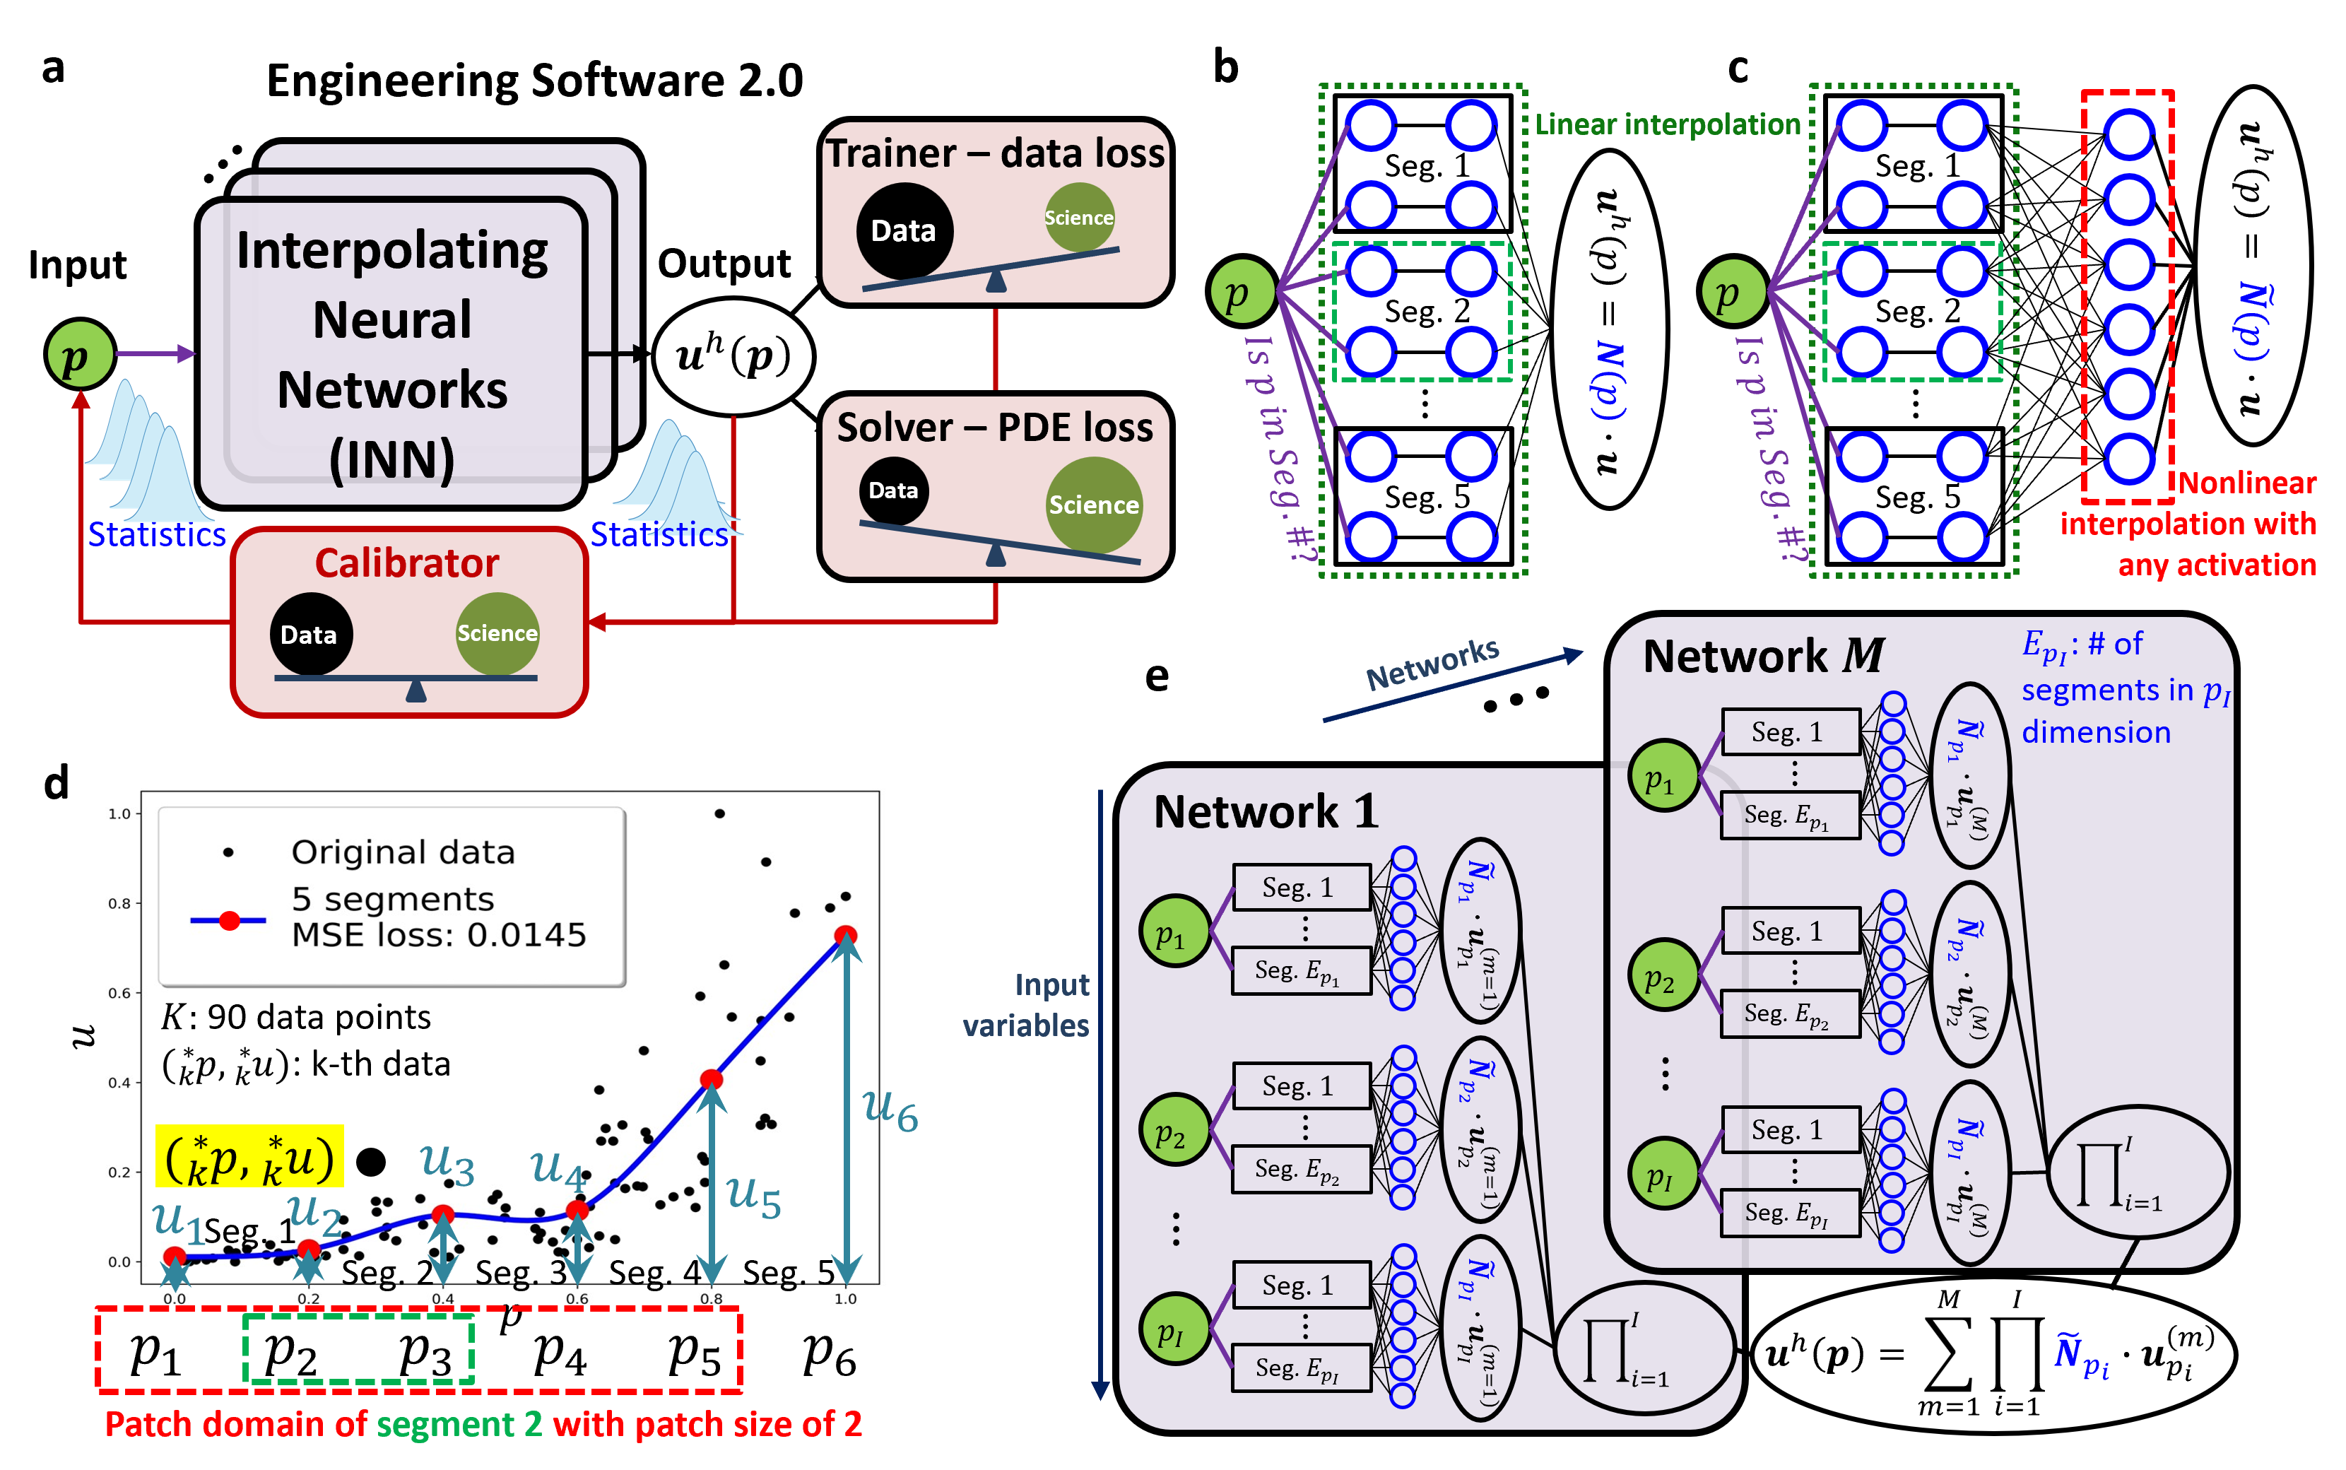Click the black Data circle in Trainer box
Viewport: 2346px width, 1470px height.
[x=904, y=230]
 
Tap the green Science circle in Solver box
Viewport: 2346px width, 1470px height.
[x=1093, y=505]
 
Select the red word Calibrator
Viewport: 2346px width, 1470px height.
[x=406, y=564]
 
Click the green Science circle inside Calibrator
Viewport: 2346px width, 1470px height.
[x=497, y=633]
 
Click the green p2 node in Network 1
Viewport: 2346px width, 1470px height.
[x=1174, y=1131]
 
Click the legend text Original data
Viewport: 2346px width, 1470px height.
[x=402, y=852]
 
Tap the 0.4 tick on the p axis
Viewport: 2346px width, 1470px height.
[x=442, y=1299]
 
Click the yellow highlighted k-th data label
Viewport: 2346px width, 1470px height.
[x=249, y=1158]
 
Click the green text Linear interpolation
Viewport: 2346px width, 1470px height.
[x=1667, y=124]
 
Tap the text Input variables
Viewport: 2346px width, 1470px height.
[x=1028, y=1005]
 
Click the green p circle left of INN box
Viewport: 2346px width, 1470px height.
[x=80, y=355]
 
